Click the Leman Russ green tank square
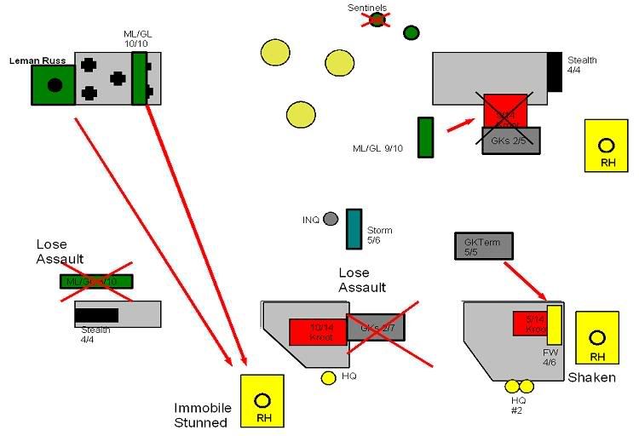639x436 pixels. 54,84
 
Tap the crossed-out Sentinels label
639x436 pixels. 367,9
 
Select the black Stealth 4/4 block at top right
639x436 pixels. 554,72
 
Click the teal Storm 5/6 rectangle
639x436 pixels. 354,228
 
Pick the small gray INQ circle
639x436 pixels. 331,219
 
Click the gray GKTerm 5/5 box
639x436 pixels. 483,245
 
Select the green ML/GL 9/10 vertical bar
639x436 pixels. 426,137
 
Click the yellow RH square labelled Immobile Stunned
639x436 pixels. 262,400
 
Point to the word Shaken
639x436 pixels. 591,377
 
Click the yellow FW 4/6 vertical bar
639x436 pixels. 554,325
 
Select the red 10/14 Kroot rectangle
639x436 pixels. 317,332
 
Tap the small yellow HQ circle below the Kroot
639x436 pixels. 328,377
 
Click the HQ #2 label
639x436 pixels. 519,404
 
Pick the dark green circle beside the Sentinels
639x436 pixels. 411,32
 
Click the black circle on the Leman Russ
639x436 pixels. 55,84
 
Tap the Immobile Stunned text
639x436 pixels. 200,415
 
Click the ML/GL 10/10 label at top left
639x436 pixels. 137,38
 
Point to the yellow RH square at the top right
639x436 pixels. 606,145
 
